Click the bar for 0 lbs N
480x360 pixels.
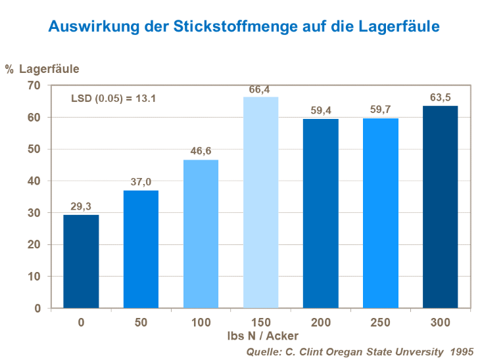(x=81, y=261)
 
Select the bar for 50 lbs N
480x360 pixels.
(x=141, y=249)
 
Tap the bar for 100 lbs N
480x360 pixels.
(x=201, y=234)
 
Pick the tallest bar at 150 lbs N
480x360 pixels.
(x=260, y=202)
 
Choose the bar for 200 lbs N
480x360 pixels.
(x=321, y=214)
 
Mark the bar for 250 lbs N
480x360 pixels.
(x=380, y=213)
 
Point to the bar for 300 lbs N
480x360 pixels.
(x=440, y=207)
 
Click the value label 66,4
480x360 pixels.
(x=260, y=90)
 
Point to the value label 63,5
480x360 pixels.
(x=440, y=98)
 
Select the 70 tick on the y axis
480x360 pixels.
(x=34, y=85)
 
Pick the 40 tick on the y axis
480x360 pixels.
(x=34, y=181)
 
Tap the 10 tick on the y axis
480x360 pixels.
(x=34, y=277)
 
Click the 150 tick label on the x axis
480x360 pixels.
(x=260, y=323)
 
